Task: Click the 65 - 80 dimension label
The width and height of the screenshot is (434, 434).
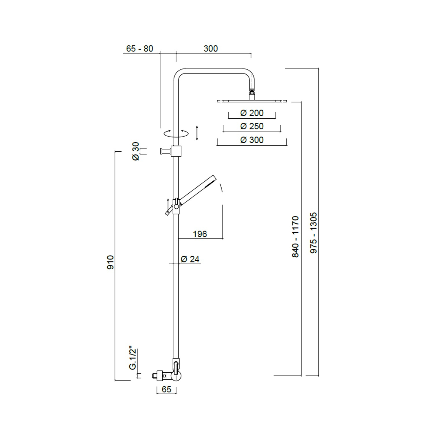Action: point(139,49)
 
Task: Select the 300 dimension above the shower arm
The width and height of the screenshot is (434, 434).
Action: point(210,49)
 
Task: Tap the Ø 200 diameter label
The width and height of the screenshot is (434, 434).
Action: point(252,113)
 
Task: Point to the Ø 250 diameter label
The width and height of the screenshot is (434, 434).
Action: point(252,126)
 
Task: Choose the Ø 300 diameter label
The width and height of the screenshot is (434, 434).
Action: point(252,140)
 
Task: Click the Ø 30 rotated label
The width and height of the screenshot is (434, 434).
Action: point(136,151)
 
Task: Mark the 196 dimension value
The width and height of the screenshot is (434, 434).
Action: point(200,234)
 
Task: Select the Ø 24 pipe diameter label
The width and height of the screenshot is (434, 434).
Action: point(190,259)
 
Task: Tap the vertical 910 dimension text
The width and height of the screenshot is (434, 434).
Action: point(111,262)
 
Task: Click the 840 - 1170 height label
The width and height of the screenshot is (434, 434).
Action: point(295,236)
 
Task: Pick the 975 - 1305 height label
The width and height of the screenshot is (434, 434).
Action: point(314,233)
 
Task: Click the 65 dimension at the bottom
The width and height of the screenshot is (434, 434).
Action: point(166,389)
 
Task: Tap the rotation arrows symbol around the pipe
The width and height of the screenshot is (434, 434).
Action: point(176,133)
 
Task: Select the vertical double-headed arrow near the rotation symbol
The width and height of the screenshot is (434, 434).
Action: point(197,133)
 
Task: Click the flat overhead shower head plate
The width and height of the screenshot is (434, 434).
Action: point(252,101)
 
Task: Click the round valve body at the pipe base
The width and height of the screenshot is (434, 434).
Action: point(176,376)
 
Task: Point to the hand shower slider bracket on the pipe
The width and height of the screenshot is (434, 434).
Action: point(176,206)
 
